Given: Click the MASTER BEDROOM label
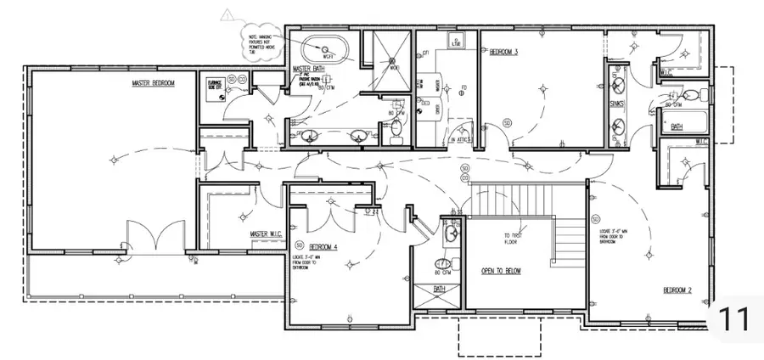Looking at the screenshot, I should point(153,83).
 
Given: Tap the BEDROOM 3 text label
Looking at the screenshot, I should point(503,51).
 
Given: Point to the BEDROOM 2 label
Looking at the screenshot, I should point(677,290).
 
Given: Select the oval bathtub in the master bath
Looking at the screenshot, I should point(323,48).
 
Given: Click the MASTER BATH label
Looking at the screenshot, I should point(308,69).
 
